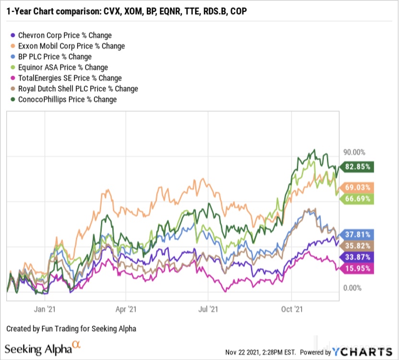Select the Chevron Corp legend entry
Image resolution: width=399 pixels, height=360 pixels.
[x=64, y=35]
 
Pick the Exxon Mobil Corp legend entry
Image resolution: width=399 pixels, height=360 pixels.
[x=71, y=46]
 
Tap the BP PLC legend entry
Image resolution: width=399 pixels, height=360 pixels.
[x=54, y=57]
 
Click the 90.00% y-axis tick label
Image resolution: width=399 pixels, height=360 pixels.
[x=354, y=152]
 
